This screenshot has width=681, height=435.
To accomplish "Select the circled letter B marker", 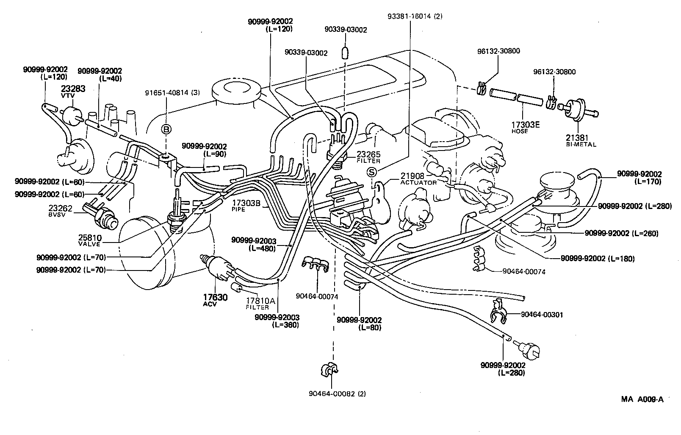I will (166, 129).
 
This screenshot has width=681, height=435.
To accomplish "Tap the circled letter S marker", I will (371, 172).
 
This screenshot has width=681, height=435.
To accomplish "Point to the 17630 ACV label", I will (215, 300).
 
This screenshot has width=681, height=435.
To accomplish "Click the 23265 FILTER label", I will (368, 157).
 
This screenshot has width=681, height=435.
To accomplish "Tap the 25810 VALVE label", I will (89, 240).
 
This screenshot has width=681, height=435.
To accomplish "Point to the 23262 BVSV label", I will (61, 211).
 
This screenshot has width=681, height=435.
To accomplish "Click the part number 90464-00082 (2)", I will (338, 393).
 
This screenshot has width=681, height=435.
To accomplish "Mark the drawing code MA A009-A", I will (642, 399).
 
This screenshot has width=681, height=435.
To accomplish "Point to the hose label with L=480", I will (253, 244).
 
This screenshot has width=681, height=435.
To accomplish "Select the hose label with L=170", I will (639, 177).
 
